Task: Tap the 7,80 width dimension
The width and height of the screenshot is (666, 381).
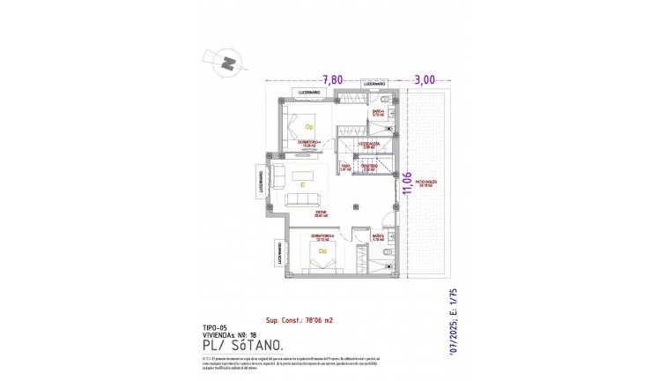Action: click(332, 79)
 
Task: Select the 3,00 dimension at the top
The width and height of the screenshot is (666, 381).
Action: click(425, 79)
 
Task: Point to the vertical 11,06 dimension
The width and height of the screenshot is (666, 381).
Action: click(406, 187)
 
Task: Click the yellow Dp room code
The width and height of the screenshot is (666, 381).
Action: click(309, 126)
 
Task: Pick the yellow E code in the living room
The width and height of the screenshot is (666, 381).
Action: click(302, 186)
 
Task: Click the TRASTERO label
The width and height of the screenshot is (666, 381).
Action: click(368, 165)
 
